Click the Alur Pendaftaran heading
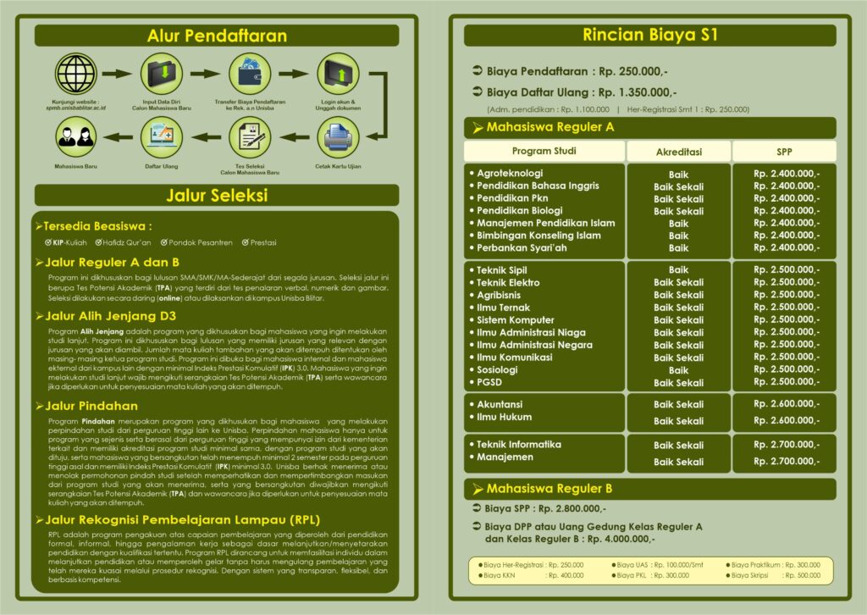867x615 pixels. point(217,36)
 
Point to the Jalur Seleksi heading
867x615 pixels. point(217,196)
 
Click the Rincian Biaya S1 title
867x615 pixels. point(649,36)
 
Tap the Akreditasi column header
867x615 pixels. point(678,152)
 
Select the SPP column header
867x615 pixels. point(784,152)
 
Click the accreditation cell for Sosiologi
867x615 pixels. point(678,370)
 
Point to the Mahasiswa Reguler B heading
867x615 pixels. point(549,489)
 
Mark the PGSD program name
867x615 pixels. point(489,382)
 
